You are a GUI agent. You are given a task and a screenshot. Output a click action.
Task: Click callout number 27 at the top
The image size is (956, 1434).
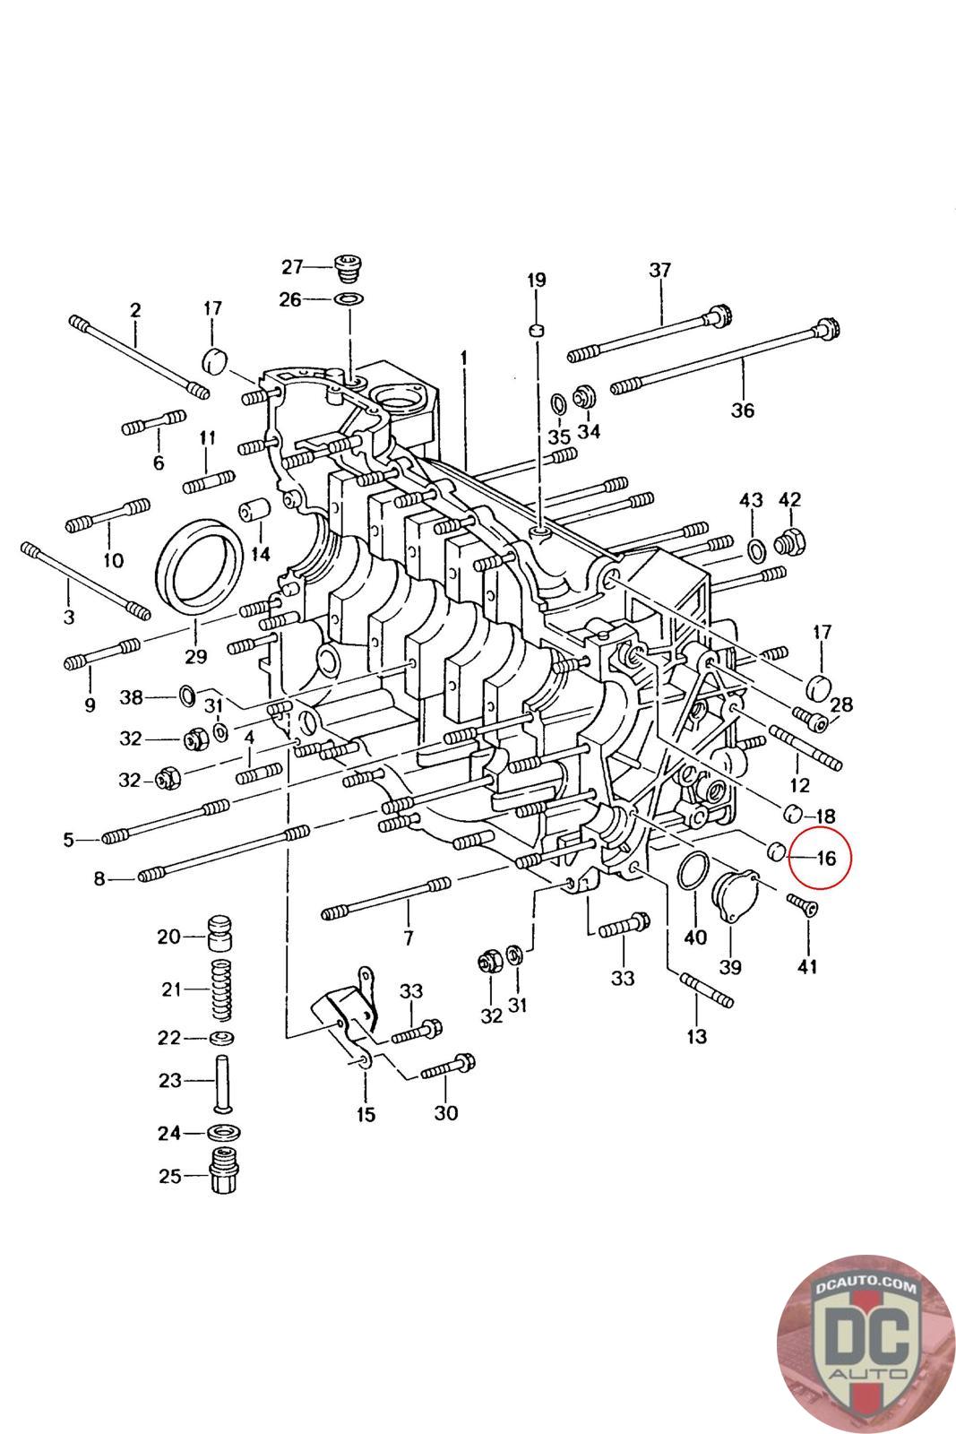pos(293,266)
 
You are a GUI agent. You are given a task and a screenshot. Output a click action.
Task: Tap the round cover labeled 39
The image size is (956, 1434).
pos(734,892)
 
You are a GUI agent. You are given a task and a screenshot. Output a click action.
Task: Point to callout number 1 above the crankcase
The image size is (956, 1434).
pos(464,358)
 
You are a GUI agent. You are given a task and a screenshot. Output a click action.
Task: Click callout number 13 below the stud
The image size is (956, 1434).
pos(696,1036)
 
